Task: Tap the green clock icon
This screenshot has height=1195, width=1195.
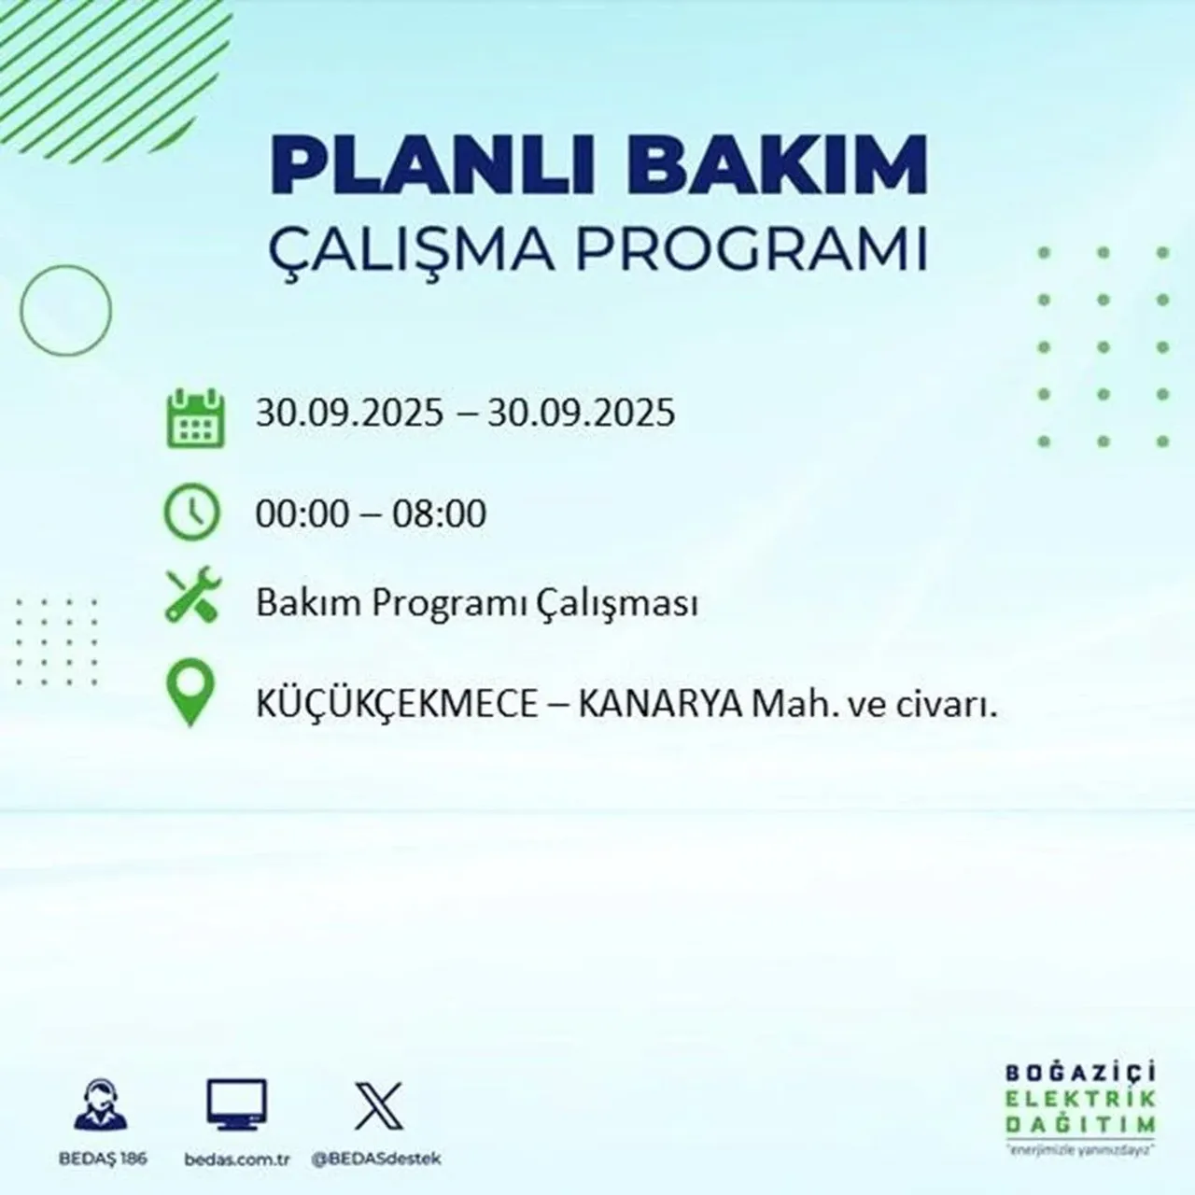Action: (192, 513)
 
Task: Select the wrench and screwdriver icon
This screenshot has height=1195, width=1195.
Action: (192, 597)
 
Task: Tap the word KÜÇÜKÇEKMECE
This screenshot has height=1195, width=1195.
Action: (397, 706)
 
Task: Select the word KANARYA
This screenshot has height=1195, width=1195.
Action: (661, 706)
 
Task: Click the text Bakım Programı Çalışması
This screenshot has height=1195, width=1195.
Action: (477, 605)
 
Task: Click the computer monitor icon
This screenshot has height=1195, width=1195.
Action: (236, 1105)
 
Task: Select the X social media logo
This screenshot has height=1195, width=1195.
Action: (379, 1105)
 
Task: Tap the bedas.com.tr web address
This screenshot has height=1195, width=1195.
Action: (238, 1159)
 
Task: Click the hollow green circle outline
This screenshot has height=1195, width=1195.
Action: (65, 309)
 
